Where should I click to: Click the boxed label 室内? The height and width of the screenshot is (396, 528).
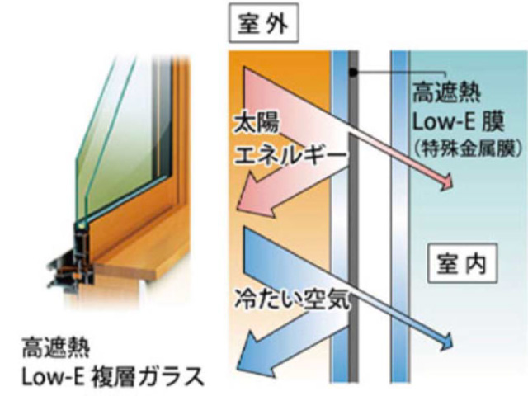(x=463, y=265)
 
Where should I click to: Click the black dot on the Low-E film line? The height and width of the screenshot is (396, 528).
(x=352, y=75)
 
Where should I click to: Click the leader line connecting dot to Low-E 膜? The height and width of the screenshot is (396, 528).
(x=388, y=76)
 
